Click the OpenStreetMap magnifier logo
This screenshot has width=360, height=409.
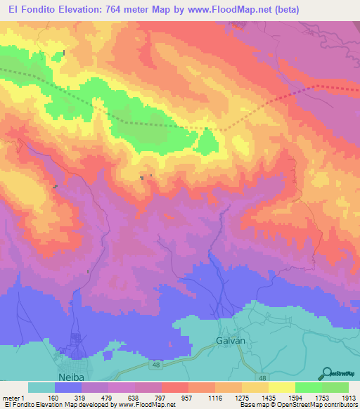[325, 373]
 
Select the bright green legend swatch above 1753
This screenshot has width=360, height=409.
[308, 387]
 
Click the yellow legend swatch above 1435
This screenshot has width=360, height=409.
[255, 387]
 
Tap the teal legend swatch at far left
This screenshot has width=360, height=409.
[41, 387]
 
